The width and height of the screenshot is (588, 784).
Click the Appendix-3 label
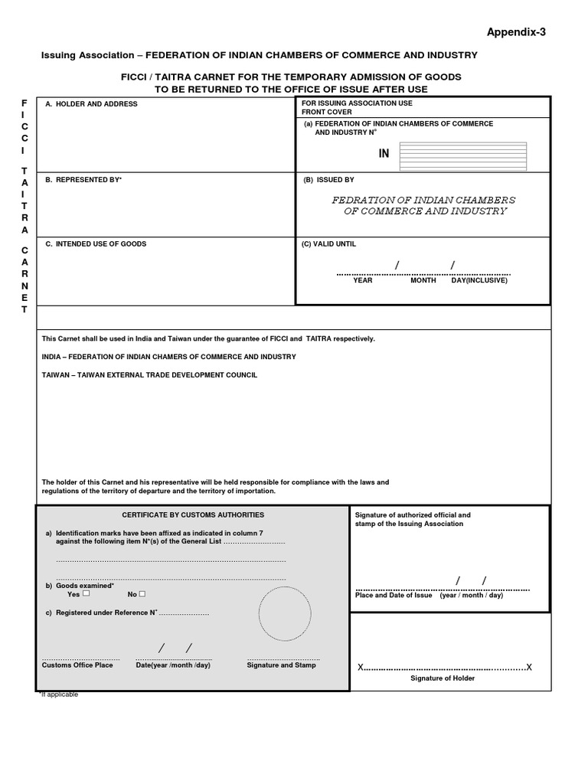[x=517, y=32]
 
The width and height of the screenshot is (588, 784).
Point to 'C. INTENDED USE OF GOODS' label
[x=96, y=244]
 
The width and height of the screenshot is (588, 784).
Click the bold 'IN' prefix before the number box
[x=384, y=154]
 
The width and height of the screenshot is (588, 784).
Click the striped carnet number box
[x=462, y=155]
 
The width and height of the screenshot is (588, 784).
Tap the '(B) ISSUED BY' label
[x=328, y=180]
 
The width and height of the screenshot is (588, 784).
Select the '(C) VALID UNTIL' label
[x=330, y=244]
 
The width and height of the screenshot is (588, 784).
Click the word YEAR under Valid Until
[x=362, y=281]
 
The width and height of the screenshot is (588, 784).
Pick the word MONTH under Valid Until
[x=423, y=281]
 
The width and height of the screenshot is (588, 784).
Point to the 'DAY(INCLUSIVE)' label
[x=479, y=281]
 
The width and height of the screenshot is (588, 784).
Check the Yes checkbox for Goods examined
[x=87, y=593]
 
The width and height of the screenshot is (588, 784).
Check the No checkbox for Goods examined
[x=142, y=593]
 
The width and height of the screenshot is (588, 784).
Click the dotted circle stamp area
[x=285, y=613]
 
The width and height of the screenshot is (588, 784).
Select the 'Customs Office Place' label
[x=77, y=665]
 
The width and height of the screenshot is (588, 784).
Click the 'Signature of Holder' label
[x=443, y=678]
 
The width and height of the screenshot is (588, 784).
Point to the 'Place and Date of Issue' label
[x=394, y=596]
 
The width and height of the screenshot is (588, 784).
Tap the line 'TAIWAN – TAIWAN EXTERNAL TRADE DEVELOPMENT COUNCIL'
[x=149, y=375]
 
